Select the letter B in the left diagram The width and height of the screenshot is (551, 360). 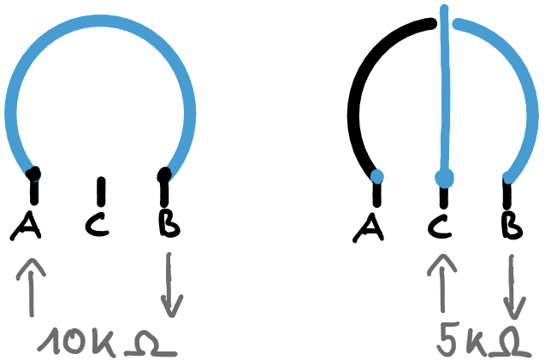169,224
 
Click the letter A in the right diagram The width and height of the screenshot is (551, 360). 371,226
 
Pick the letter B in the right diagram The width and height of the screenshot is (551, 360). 512,226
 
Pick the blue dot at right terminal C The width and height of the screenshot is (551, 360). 443,178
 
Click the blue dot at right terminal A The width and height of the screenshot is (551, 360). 376,177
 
